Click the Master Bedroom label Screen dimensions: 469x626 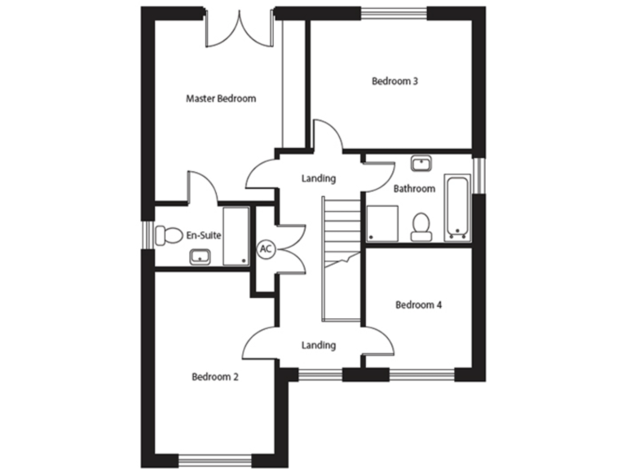[221, 99]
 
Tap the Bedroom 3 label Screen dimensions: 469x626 [395, 81]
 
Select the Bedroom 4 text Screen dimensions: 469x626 [418, 305]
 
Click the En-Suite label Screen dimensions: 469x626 [204, 235]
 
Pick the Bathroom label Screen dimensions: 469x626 [414, 188]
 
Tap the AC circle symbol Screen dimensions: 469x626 [265, 249]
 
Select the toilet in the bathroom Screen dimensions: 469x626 [421, 225]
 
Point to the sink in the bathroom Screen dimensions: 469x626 [421, 164]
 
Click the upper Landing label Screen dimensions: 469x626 [318, 178]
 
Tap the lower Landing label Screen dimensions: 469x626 [318, 345]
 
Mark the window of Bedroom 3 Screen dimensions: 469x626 [395, 11]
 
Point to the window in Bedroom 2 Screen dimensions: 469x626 [215, 458]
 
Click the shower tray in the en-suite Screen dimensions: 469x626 [236, 235]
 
